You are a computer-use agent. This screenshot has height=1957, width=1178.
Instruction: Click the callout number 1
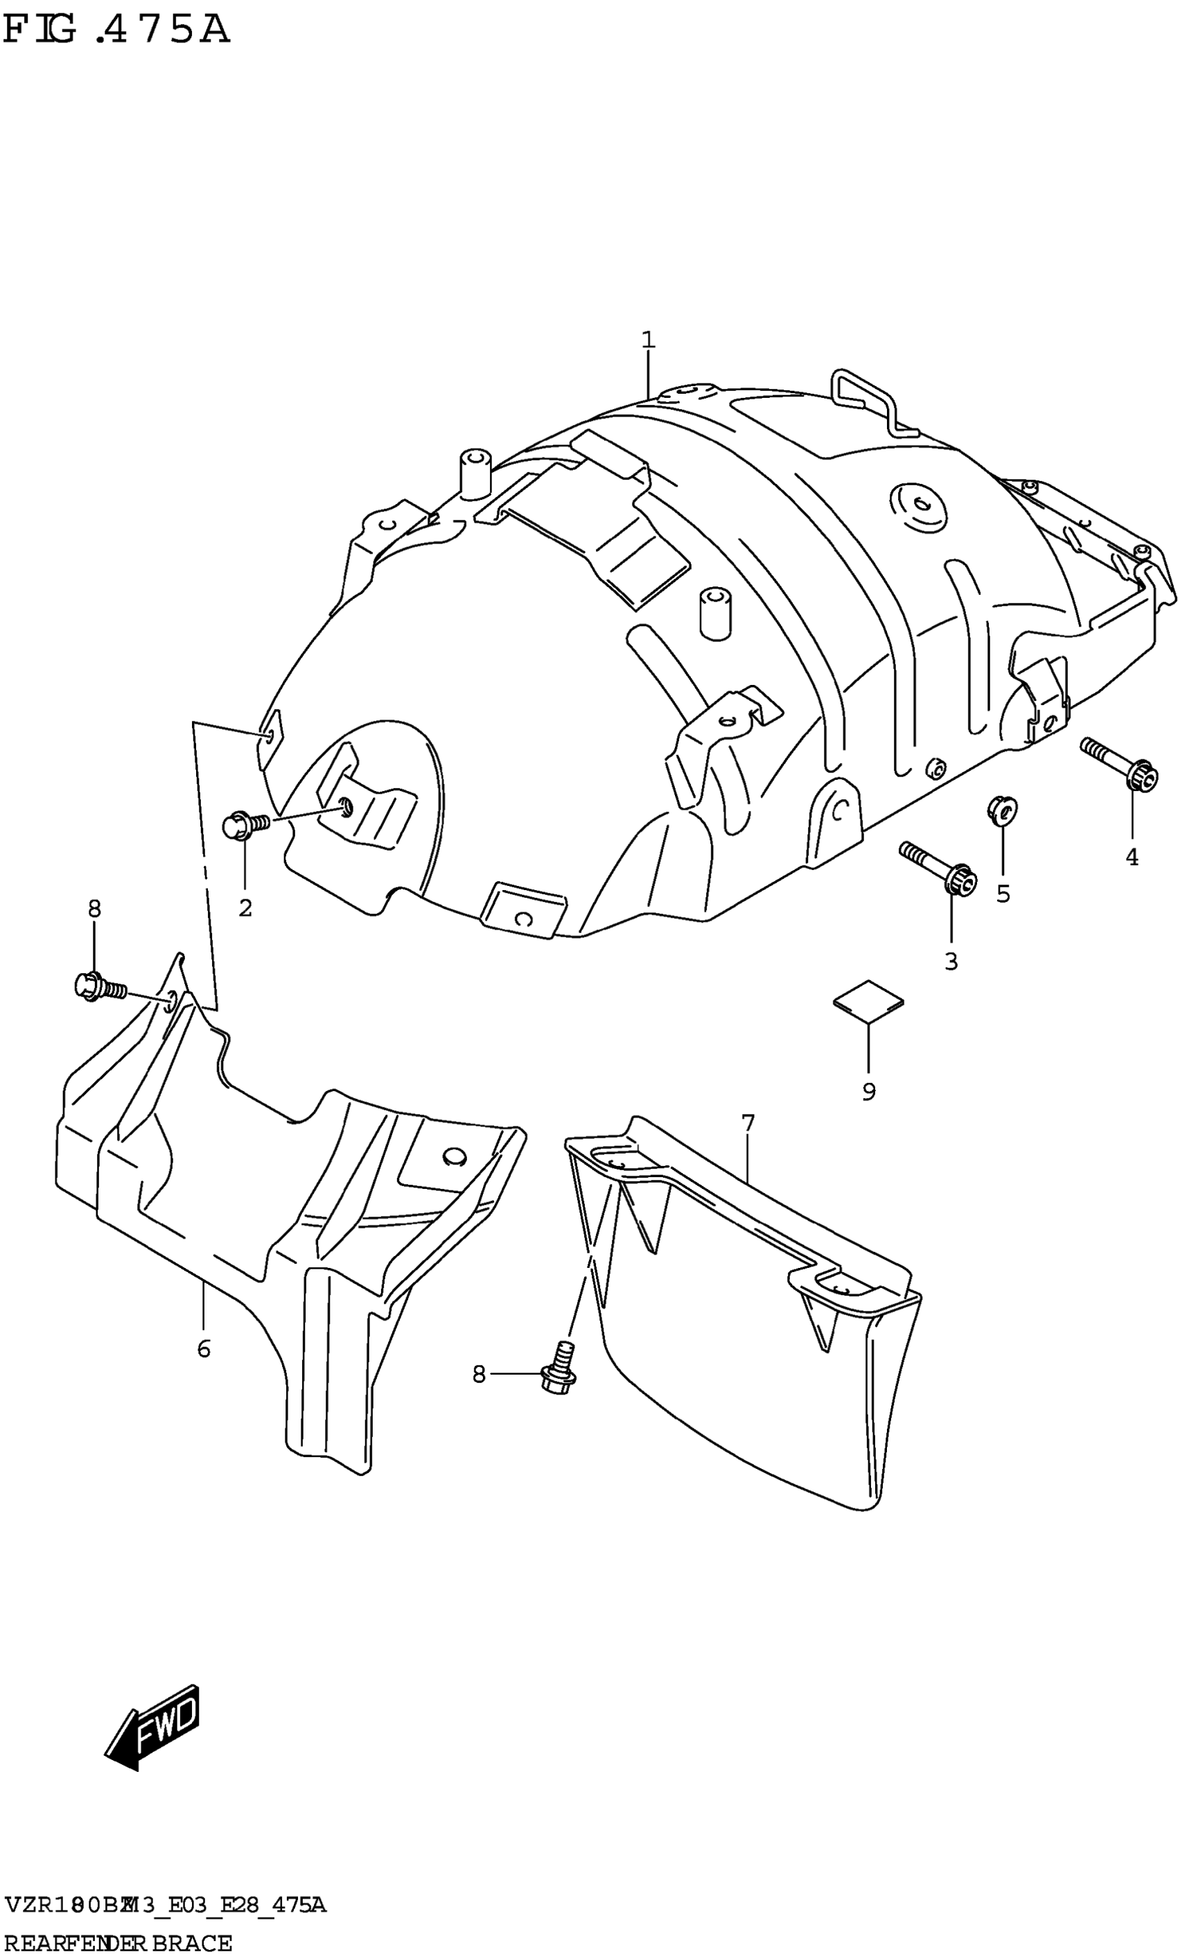(x=649, y=340)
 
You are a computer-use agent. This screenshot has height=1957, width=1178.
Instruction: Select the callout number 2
(x=245, y=907)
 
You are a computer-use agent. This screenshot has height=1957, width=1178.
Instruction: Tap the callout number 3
(x=951, y=962)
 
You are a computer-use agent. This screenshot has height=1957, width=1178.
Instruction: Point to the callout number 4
(x=1132, y=858)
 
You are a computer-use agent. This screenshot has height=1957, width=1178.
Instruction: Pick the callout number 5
(x=1003, y=894)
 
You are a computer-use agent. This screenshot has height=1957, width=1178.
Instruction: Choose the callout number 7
(x=748, y=1124)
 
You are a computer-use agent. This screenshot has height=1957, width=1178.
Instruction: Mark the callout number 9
(x=868, y=1092)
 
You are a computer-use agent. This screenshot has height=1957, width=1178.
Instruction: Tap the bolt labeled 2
(x=246, y=826)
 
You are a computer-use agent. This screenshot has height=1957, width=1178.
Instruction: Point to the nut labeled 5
(x=1003, y=810)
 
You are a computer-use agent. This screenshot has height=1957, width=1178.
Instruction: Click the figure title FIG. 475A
(x=116, y=31)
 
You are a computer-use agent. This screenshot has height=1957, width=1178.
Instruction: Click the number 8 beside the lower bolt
(x=479, y=1373)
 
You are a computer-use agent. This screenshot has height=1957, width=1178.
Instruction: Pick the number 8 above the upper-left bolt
(x=94, y=909)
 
